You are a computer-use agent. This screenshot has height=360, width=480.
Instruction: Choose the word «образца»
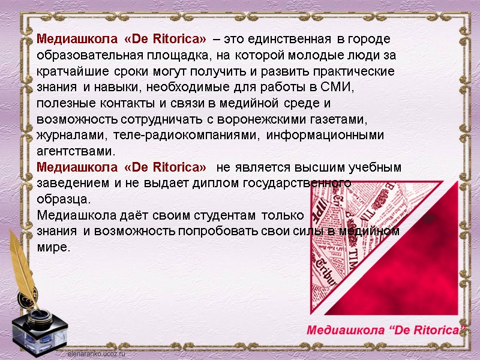tap(64, 199)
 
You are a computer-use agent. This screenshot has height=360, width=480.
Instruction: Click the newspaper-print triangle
tap(336, 240)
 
